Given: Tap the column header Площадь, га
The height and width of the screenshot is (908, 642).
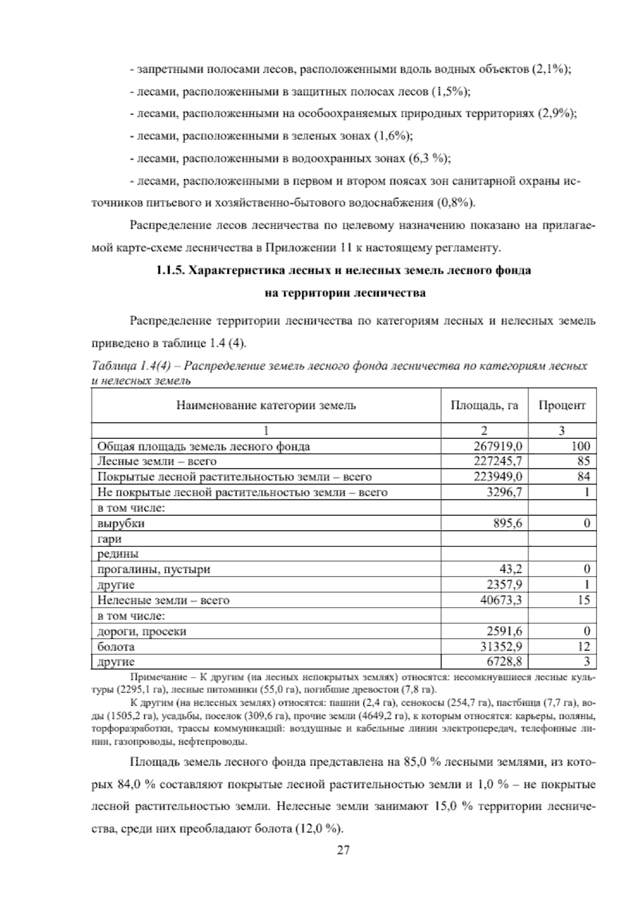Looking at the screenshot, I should [484, 405].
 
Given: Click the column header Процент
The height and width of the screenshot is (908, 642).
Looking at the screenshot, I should [562, 405].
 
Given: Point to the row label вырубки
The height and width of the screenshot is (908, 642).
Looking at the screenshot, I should [121, 523].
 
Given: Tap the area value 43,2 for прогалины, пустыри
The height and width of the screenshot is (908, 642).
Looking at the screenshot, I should [510, 569].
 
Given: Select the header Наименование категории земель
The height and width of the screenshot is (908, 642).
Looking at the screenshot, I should [266, 405].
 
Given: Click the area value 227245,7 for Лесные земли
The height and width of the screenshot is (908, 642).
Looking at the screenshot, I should [498, 461].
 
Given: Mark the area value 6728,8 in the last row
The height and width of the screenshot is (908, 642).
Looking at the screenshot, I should [505, 662].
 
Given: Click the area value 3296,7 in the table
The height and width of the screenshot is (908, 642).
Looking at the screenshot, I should [505, 492].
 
